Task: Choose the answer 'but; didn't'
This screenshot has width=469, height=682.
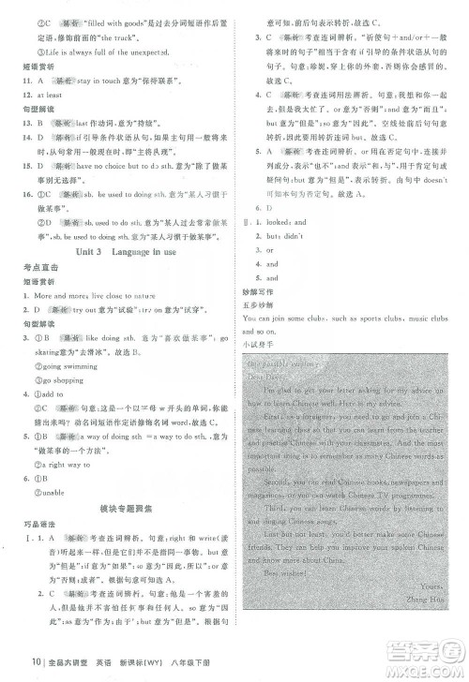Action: (283, 237)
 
